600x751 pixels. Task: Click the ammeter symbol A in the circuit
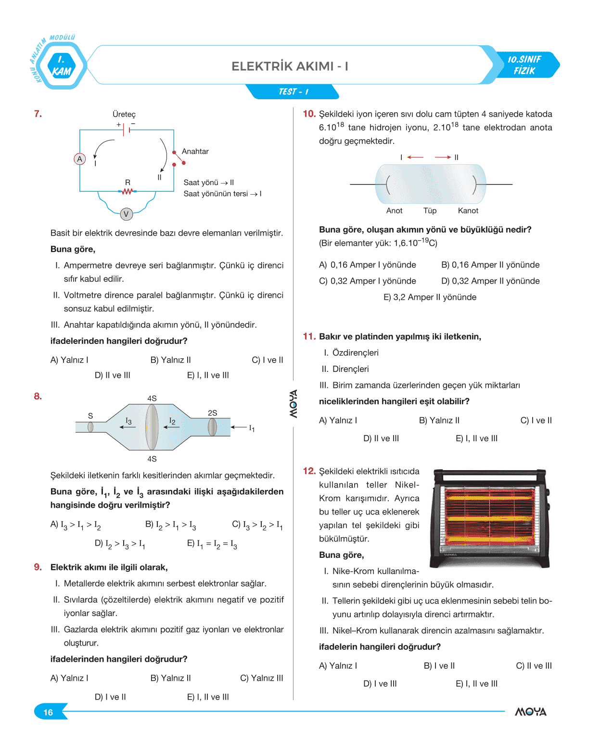80,159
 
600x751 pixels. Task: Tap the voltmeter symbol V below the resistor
126,214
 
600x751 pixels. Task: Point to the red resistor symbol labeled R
127,191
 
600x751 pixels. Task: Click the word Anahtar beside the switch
195,151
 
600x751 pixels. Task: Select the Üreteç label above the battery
124,114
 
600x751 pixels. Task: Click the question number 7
38,114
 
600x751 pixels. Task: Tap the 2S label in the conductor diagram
212,413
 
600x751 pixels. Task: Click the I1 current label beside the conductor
251,428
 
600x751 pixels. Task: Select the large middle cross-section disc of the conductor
152,427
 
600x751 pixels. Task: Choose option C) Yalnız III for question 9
261,678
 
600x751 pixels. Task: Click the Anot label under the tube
394,211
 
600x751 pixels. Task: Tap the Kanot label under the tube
468,211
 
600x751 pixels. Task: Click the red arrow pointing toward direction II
443,157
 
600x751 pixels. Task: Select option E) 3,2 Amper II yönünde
430,297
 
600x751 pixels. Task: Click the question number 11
309,336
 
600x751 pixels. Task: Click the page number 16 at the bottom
48,712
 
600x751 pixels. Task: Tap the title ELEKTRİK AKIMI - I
290,66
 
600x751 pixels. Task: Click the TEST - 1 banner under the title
293,92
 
